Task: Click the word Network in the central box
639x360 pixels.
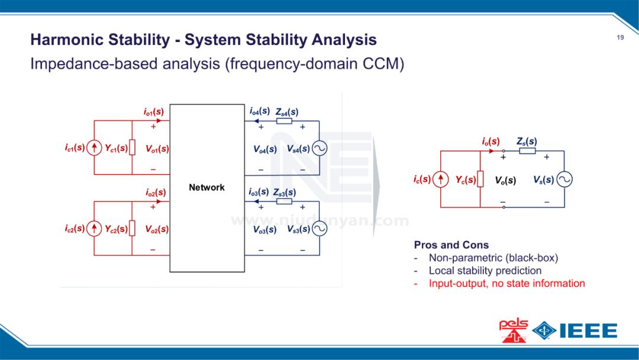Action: (x=206, y=188)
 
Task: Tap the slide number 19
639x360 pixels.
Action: (x=620, y=38)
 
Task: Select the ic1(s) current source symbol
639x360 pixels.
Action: (x=94, y=148)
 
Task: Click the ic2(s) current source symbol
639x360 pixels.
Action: (x=94, y=229)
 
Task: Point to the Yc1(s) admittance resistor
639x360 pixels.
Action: (x=133, y=148)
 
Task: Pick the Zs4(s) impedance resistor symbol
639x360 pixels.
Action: (x=284, y=121)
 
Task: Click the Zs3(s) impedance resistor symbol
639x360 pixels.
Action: (x=284, y=201)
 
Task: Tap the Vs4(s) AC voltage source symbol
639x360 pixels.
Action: (x=319, y=149)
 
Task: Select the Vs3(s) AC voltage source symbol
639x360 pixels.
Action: (x=319, y=229)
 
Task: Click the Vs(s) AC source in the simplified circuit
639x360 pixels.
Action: (x=564, y=179)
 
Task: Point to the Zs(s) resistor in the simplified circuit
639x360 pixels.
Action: (x=528, y=151)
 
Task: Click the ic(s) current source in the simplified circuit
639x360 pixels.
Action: (x=440, y=179)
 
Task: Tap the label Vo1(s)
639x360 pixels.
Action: (x=157, y=149)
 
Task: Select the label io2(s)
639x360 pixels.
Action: (x=156, y=192)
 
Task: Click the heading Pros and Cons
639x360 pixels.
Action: (x=451, y=245)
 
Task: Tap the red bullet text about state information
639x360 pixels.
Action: (x=507, y=283)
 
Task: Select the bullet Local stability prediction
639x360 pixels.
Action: (x=485, y=271)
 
